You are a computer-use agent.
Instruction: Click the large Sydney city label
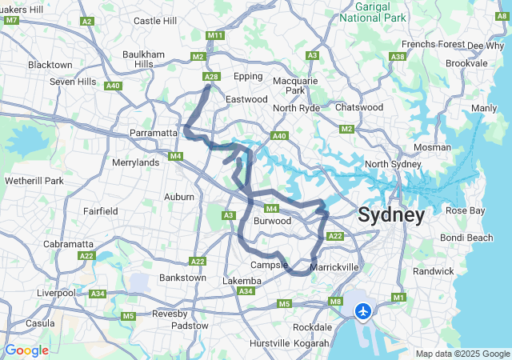(x=391, y=214)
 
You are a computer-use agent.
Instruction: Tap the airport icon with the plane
(x=364, y=310)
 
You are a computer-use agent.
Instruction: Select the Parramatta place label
(x=154, y=133)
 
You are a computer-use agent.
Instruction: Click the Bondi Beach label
(x=469, y=238)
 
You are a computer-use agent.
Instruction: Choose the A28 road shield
(x=210, y=77)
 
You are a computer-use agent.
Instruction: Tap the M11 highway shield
(x=214, y=35)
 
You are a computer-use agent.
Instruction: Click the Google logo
(x=26, y=350)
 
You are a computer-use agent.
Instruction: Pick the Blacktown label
(x=50, y=64)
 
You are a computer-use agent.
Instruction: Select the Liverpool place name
(x=56, y=293)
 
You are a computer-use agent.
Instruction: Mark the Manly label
(x=484, y=108)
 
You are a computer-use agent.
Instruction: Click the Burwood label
(x=272, y=220)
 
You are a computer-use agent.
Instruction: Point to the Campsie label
(x=268, y=265)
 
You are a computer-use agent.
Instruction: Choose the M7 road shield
(x=11, y=20)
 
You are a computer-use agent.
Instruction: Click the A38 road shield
(x=398, y=56)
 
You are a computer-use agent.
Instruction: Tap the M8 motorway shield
(x=335, y=302)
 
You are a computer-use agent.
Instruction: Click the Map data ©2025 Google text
(x=462, y=354)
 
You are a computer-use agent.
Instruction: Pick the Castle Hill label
(x=154, y=21)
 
